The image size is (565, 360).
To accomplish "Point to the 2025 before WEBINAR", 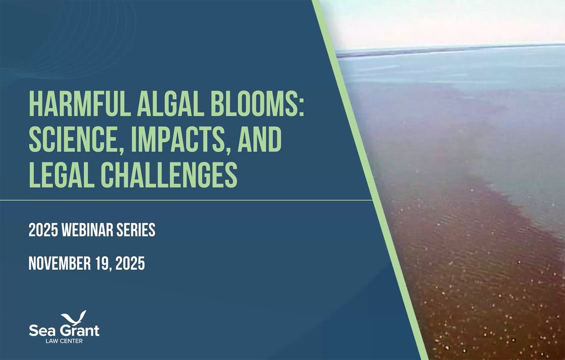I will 41,231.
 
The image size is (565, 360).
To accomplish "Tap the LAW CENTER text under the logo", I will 65,342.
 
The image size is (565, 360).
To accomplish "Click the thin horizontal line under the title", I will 188,200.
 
